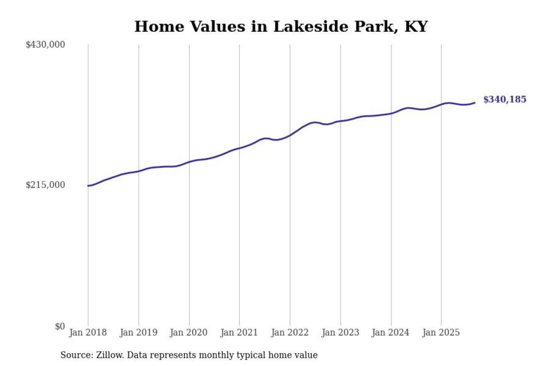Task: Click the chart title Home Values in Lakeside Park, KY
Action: point(281,27)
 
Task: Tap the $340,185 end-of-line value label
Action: point(504,100)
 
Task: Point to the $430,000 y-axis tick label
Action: point(45,45)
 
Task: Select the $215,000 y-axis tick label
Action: point(45,185)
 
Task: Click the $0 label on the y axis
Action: point(60,326)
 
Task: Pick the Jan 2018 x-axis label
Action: point(88,333)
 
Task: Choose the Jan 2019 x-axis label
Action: point(139,333)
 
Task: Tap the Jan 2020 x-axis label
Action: point(189,333)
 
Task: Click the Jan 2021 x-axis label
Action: point(239,333)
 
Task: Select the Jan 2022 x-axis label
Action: point(290,333)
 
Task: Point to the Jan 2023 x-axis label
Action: point(341,333)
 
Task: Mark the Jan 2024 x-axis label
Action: point(391,333)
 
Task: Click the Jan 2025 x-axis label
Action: point(441,333)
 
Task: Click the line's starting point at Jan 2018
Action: point(88,186)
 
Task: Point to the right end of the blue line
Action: point(474,103)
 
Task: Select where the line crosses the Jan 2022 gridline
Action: point(290,135)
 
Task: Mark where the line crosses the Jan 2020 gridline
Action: point(189,162)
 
